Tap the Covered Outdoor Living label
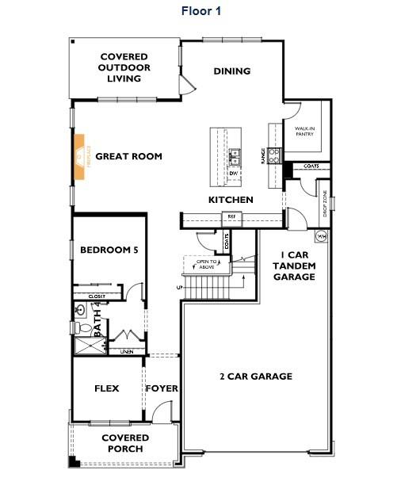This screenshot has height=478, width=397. tap(126, 67)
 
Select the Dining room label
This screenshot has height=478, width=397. tap(232, 71)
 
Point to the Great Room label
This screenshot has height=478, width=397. tap(128, 156)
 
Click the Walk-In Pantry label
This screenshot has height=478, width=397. tap(304, 131)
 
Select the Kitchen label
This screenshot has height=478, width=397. tap(231, 200)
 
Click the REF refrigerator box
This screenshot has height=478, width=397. tap(232, 216)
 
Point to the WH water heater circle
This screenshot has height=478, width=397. tap(322, 235)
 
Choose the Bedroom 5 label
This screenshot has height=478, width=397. tap(109, 250)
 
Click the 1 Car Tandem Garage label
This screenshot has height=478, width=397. tap(295, 266)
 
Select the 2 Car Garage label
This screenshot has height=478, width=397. tap(255, 377)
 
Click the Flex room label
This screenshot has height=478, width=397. tap(106, 389)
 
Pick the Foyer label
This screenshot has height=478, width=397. tap(162, 389)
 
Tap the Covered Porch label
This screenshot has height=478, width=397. tap(125, 443)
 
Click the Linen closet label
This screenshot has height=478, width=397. tap(127, 351)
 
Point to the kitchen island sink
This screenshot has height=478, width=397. tap(235, 154)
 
